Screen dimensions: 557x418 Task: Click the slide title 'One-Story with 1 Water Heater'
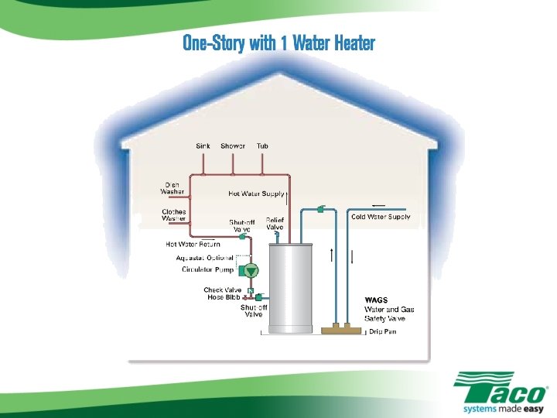point(278,43)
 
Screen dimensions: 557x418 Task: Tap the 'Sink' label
point(203,146)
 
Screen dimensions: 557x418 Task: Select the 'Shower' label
point(233,146)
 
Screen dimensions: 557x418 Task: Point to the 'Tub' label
point(263,146)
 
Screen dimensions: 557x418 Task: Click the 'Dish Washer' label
point(172,188)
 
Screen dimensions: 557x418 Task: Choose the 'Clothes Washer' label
point(173,214)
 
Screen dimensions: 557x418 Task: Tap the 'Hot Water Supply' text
point(256,194)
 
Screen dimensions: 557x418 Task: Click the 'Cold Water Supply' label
point(381,218)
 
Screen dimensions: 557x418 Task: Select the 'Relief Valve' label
point(275,224)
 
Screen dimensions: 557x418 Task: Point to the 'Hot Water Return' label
point(193,245)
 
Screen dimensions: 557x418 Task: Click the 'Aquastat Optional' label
point(205,258)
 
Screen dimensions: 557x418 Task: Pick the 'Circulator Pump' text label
point(207,270)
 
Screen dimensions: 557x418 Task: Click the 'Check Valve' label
point(223,290)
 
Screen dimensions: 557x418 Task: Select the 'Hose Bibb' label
point(224,297)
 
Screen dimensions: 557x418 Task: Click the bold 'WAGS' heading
point(376,300)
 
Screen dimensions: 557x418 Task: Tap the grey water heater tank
point(289,286)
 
